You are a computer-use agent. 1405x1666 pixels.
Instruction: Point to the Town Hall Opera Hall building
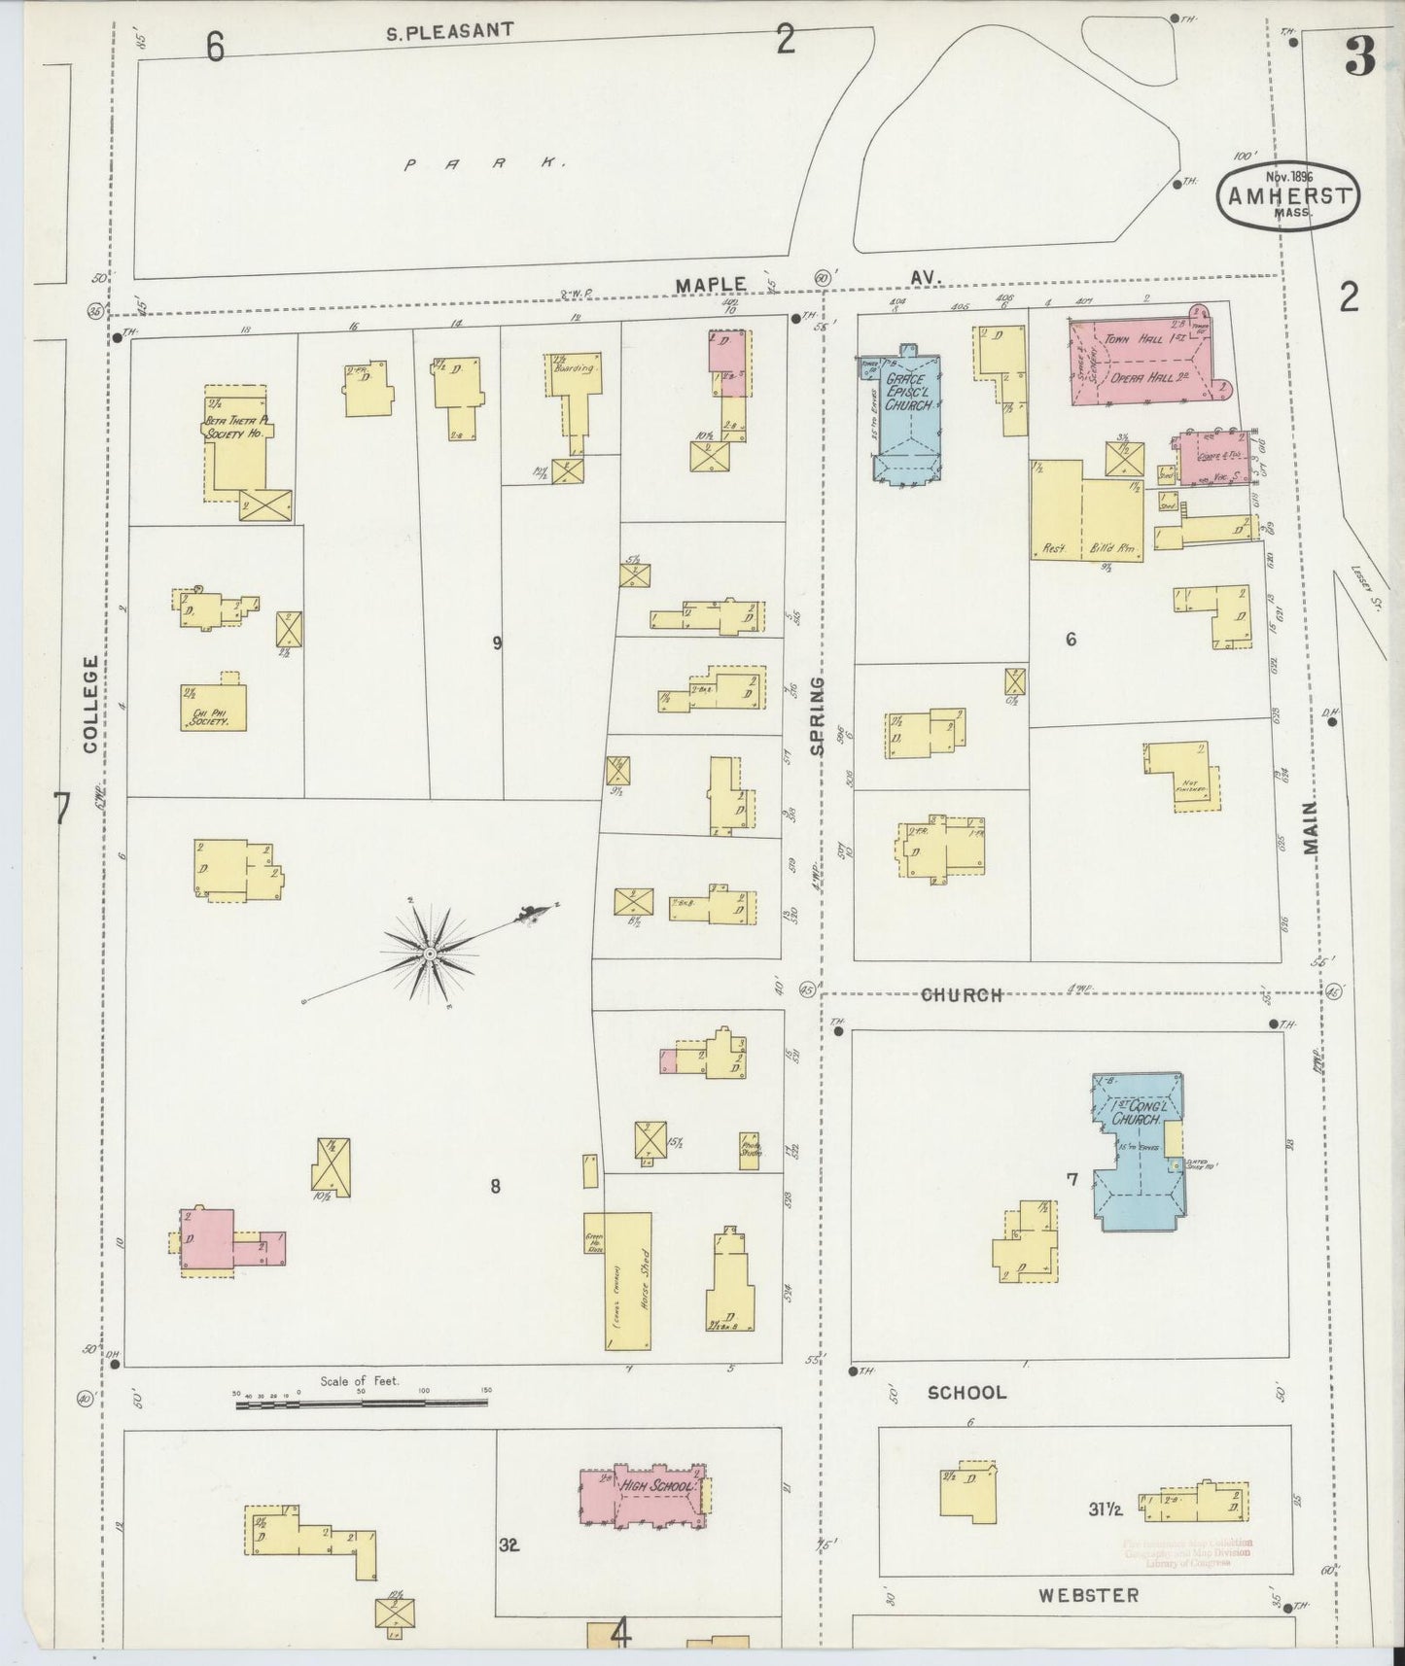point(1142,363)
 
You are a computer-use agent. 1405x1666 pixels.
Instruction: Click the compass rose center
point(429,954)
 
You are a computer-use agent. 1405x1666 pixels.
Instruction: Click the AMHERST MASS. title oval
point(1288,198)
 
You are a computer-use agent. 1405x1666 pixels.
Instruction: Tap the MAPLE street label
point(712,285)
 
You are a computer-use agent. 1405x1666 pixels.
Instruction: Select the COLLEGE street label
point(91,704)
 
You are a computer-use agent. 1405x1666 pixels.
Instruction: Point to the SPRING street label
point(816,716)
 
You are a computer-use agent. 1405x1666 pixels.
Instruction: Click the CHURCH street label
point(961,994)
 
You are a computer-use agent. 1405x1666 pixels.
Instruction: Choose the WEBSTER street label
point(1087,1594)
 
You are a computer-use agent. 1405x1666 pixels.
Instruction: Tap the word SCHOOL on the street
point(966,1392)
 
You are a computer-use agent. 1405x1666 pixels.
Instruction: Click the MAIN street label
point(1313,827)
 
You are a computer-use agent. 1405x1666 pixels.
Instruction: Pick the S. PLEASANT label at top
point(449,31)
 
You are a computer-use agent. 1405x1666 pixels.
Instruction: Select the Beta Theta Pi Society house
point(235,442)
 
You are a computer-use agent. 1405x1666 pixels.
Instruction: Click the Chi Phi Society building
point(214,707)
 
